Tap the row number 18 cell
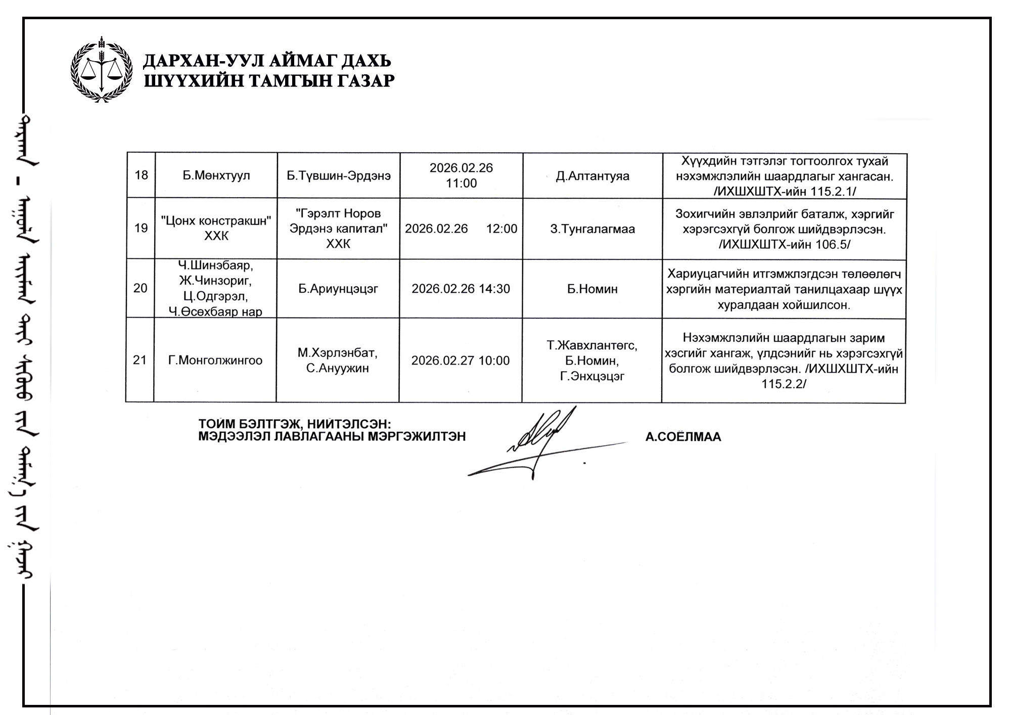(x=141, y=175)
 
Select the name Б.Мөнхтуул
(x=216, y=176)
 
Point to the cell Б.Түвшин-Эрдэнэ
(x=338, y=176)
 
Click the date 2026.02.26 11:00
(x=461, y=175)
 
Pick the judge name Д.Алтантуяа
(x=592, y=176)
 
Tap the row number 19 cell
(x=141, y=228)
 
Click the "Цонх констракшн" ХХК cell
(x=216, y=229)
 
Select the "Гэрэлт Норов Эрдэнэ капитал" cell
(x=338, y=229)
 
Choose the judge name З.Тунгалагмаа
(x=592, y=229)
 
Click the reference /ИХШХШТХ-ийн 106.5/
(x=784, y=245)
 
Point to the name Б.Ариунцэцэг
(x=338, y=289)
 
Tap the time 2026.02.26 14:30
(x=461, y=289)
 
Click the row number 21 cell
(x=140, y=360)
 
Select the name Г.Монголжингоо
(x=215, y=361)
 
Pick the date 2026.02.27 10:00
(x=460, y=361)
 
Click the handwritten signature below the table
(x=541, y=445)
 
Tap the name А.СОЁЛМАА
(x=683, y=437)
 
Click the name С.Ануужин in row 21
(x=337, y=368)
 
